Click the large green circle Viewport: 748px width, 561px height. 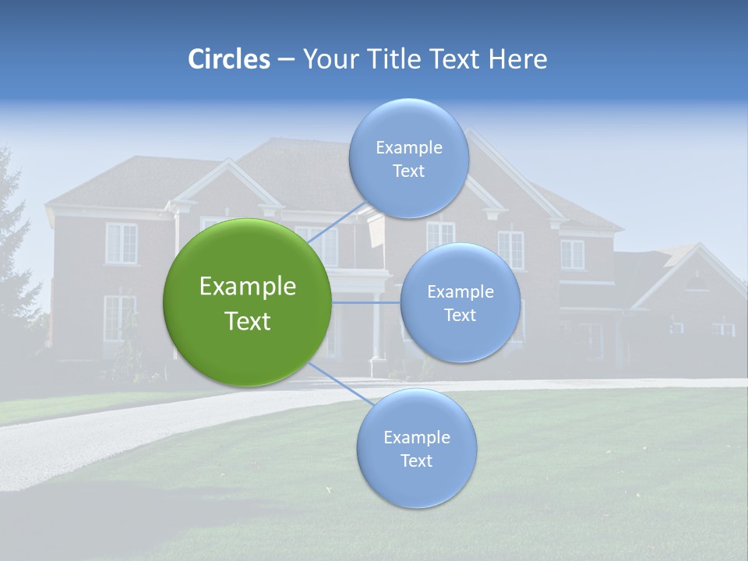pos(248,302)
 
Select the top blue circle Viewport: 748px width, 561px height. pos(408,158)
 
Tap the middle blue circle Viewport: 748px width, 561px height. pos(460,303)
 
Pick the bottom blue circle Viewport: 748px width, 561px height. pos(416,449)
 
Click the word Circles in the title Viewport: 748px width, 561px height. pos(229,59)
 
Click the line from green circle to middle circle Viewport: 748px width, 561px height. pos(365,302)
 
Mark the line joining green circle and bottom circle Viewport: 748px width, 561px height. pos(340,383)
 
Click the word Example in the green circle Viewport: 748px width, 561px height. pos(248,287)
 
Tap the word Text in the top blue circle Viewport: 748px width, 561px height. pos(408,171)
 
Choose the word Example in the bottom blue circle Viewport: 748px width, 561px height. pos(416,438)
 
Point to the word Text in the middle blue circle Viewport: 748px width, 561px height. pos(460,316)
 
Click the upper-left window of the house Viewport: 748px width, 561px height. pos(121,243)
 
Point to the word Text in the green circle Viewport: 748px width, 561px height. pos(248,321)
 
